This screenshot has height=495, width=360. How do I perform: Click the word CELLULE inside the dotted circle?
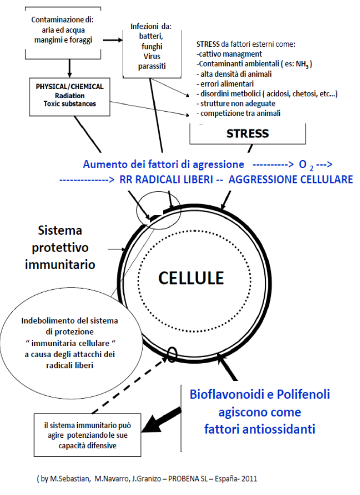pyautogui.click(x=191, y=278)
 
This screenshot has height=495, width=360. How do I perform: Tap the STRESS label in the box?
pyautogui.click(x=248, y=134)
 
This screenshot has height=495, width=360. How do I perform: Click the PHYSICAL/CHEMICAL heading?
pyautogui.click(x=70, y=86)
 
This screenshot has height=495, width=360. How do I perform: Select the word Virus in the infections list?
pyautogui.click(x=152, y=57)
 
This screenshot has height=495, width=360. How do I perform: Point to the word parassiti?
pyautogui.click(x=152, y=66)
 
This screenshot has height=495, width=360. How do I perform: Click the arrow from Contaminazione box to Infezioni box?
pyautogui.click(x=112, y=40)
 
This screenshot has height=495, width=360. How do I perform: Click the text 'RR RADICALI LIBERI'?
pyautogui.click(x=166, y=180)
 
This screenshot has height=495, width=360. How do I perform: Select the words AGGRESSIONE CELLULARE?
pyautogui.click(x=291, y=180)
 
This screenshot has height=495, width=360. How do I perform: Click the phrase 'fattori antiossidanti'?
pyautogui.click(x=260, y=429)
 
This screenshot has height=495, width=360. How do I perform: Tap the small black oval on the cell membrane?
pyautogui.click(x=172, y=354)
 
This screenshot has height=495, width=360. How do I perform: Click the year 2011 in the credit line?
pyautogui.click(x=249, y=479)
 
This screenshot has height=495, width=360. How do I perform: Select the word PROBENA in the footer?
pyautogui.click(x=188, y=479)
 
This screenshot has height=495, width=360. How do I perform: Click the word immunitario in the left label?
pyautogui.click(x=60, y=264)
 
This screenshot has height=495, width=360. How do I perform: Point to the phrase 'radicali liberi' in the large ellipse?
pyautogui.click(x=70, y=365)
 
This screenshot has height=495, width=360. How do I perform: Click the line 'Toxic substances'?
pyautogui.click(x=70, y=104)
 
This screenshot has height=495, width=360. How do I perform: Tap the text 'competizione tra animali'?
pyautogui.click(x=240, y=113)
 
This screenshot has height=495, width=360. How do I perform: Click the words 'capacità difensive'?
pyautogui.click(x=88, y=446)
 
